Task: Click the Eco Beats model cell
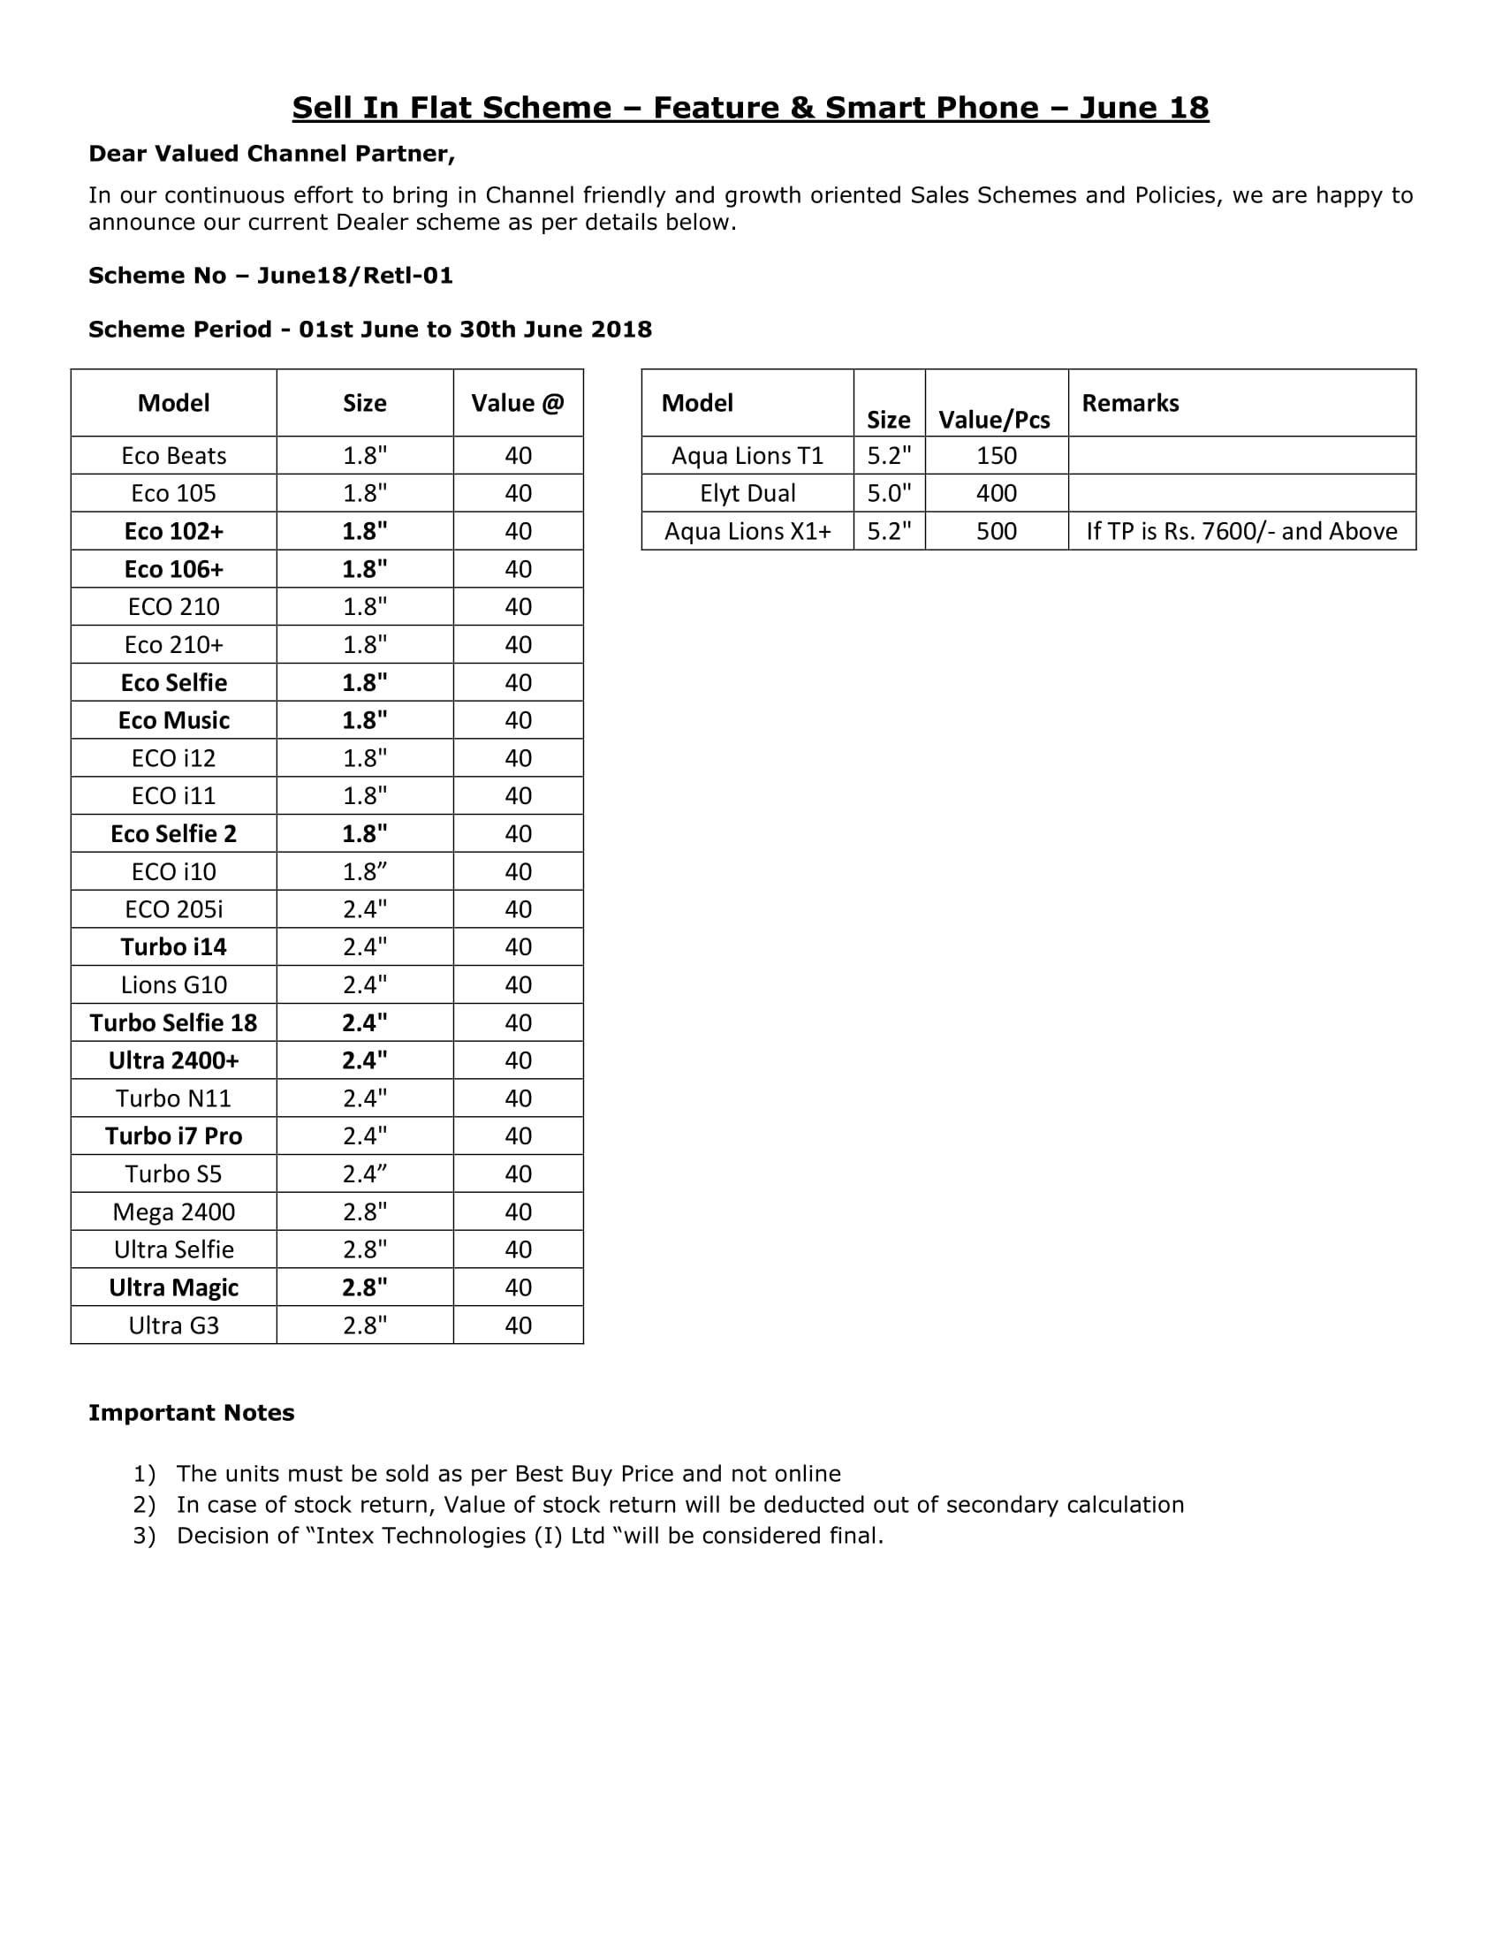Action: [x=173, y=456]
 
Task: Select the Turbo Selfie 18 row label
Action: [x=173, y=1022]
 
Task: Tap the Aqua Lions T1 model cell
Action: [x=747, y=456]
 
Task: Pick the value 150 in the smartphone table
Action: [x=996, y=456]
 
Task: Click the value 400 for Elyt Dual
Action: [x=996, y=493]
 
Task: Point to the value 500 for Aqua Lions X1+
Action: [x=996, y=531]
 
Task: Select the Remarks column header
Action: [x=1130, y=403]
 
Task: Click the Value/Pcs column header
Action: [x=994, y=419]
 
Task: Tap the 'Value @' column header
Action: [x=518, y=403]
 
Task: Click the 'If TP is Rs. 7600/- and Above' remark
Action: [x=1241, y=531]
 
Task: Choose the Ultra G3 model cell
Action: [x=173, y=1325]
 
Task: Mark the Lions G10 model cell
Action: [x=173, y=984]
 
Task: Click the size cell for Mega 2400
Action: [x=365, y=1212]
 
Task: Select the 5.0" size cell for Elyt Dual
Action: [x=889, y=493]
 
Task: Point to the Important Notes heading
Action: [x=192, y=1413]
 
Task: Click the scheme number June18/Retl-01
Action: [x=355, y=276]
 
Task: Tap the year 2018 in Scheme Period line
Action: [x=621, y=330]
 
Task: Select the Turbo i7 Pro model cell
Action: [x=173, y=1136]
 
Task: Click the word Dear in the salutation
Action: [x=118, y=154]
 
